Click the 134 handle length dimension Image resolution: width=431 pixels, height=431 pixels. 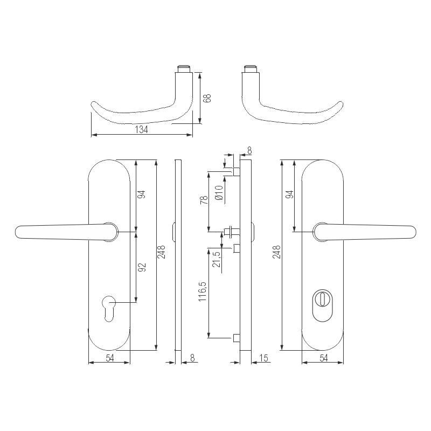[140, 130]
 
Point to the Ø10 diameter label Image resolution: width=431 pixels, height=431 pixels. [218, 193]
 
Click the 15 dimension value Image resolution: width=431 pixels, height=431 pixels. [264, 358]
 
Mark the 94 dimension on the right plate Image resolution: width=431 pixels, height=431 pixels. [289, 196]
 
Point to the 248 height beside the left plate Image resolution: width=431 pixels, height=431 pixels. [162, 252]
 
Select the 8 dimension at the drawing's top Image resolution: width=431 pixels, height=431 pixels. [249, 150]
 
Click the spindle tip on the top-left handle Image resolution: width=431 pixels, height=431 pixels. [184, 68]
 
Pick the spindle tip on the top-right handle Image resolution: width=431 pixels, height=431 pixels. [249, 68]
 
